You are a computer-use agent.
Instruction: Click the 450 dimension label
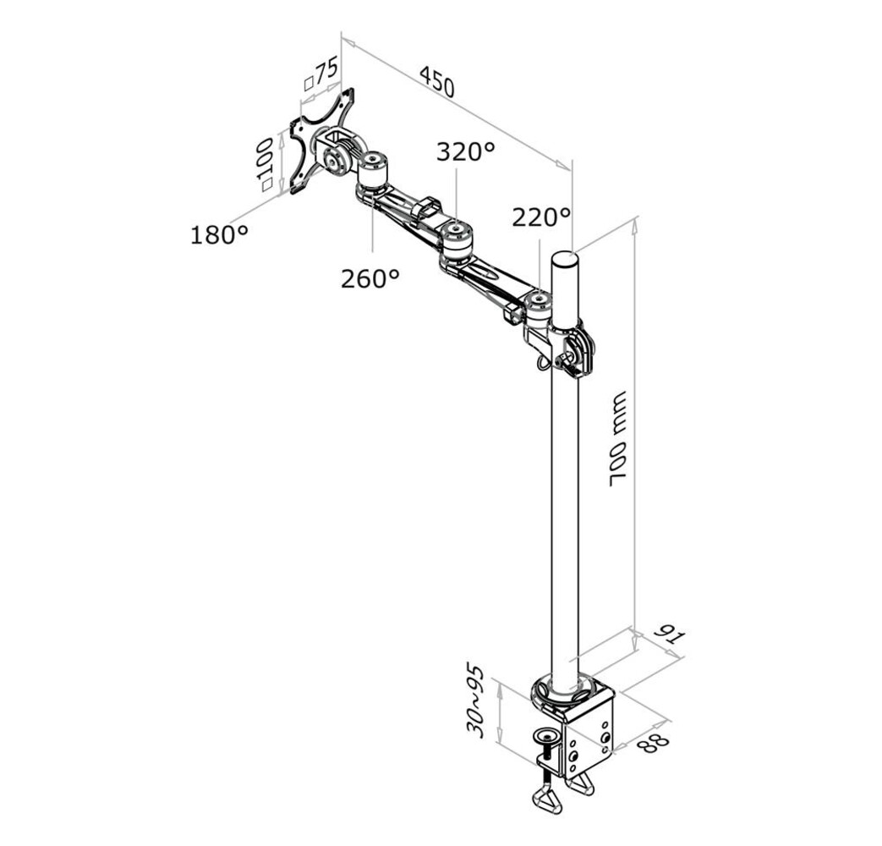[x=437, y=81]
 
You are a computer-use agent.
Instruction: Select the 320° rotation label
[x=465, y=152]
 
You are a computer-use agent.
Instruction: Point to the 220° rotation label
[x=541, y=217]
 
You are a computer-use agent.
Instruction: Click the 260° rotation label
[x=370, y=278]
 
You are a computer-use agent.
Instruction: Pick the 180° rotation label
[x=219, y=234]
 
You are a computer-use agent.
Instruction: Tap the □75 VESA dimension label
[x=320, y=74]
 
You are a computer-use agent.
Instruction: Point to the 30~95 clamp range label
[x=476, y=701]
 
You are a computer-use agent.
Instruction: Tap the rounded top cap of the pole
[x=564, y=257]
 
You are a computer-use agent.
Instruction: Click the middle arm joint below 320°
[x=456, y=239]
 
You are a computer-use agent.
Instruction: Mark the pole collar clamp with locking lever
[x=568, y=348]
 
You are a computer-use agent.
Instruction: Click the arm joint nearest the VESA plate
[x=371, y=171]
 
